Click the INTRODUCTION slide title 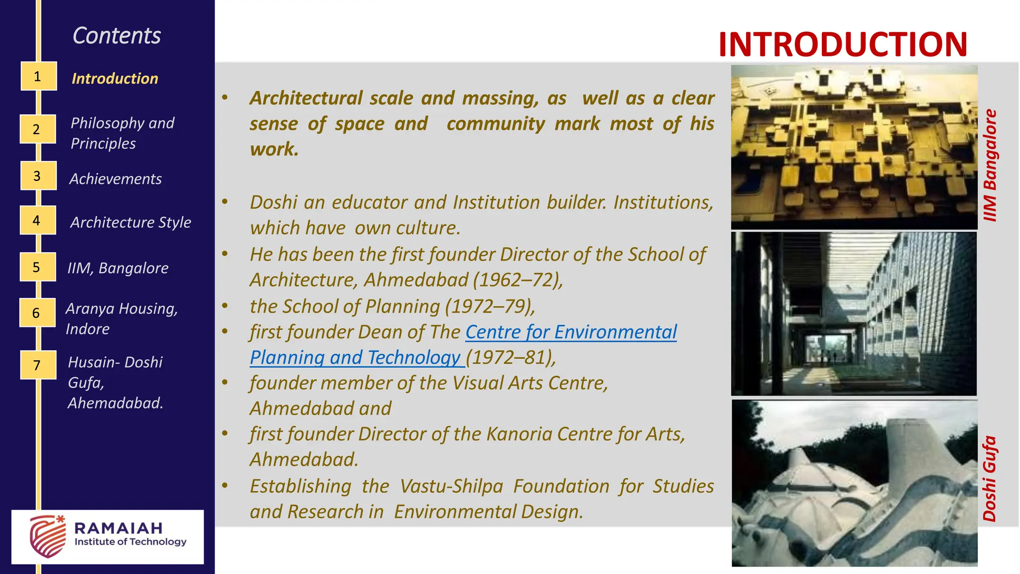tap(843, 45)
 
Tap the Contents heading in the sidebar tap(117, 36)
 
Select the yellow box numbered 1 tap(38, 76)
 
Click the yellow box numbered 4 tap(37, 220)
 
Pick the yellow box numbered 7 tap(38, 365)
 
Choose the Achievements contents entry tap(116, 179)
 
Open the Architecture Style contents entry tap(130, 222)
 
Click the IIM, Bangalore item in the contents tap(118, 268)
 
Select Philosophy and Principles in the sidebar tap(122, 133)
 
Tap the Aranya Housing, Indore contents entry tap(122, 318)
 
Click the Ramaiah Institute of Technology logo tap(108, 537)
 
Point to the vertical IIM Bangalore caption tap(990, 165)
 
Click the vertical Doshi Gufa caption tap(990, 479)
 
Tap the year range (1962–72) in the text tap(517, 280)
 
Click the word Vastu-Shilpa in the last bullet tap(451, 486)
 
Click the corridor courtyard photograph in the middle tap(854, 314)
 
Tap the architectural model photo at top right tap(854, 147)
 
